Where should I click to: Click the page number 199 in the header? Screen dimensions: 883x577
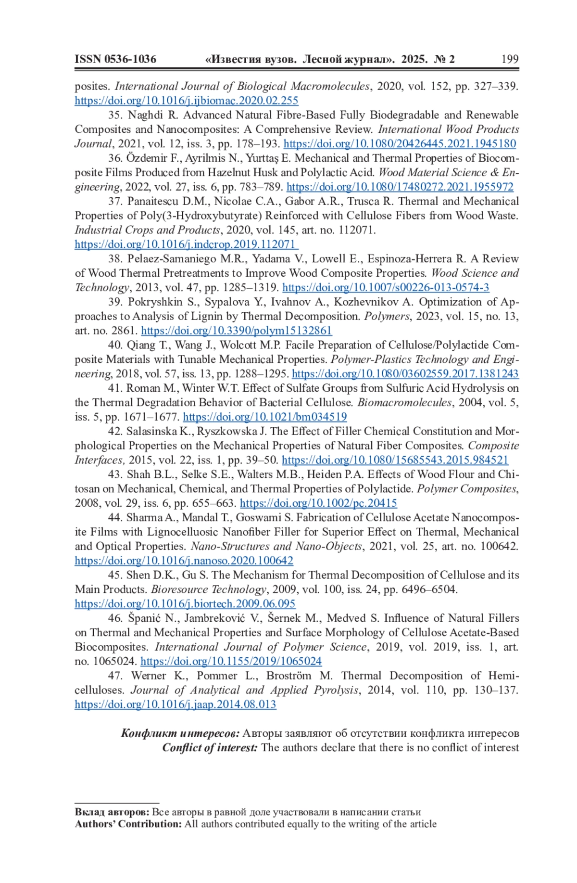coord(510,59)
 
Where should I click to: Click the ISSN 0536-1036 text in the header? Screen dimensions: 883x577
coord(115,59)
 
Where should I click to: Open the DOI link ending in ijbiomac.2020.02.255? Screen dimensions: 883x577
coord(187,101)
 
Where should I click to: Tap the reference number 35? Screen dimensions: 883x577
coord(115,115)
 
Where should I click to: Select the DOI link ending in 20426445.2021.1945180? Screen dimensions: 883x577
coord(400,144)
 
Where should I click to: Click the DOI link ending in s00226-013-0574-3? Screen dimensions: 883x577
coord(386,288)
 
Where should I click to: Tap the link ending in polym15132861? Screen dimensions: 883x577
coord(237,331)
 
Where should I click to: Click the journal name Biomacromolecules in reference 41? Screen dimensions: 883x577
coord(404,403)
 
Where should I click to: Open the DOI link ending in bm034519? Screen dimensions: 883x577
coord(265,417)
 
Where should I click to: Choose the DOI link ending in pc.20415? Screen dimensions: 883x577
coord(318,503)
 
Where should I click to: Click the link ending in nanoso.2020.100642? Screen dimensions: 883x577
coord(184,561)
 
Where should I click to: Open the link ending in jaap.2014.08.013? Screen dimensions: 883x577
coord(176,705)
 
